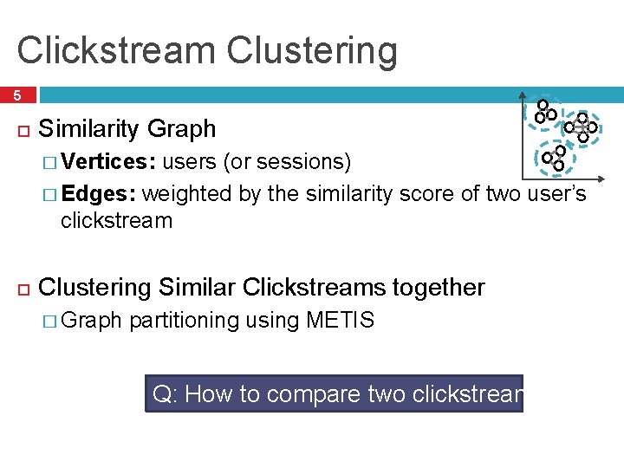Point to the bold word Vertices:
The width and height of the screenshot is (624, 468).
[x=109, y=162]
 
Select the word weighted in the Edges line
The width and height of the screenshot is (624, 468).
[x=187, y=192]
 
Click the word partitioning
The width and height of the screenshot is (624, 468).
[x=184, y=321]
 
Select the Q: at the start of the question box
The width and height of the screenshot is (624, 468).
[x=164, y=394]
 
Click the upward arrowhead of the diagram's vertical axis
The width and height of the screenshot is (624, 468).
[x=523, y=95]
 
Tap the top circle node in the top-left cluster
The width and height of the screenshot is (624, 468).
[x=543, y=105]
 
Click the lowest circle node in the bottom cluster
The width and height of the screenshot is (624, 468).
[x=559, y=165]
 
